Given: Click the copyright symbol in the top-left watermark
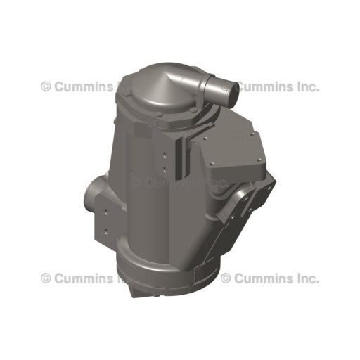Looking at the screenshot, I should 46,86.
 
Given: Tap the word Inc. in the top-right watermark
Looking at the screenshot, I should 307,86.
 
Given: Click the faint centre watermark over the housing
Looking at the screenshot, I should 179,182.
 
